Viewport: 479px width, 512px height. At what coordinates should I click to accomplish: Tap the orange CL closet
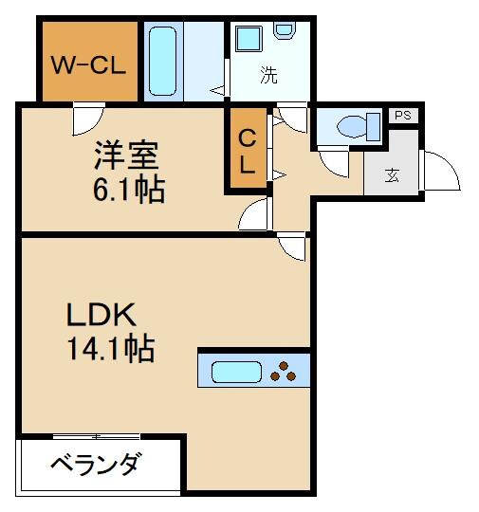[x=247, y=150]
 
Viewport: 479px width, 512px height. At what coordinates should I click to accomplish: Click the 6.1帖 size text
[x=128, y=190]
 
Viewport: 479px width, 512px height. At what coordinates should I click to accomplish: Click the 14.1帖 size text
[x=110, y=351]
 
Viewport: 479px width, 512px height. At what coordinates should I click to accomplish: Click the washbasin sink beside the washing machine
[x=249, y=41]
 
